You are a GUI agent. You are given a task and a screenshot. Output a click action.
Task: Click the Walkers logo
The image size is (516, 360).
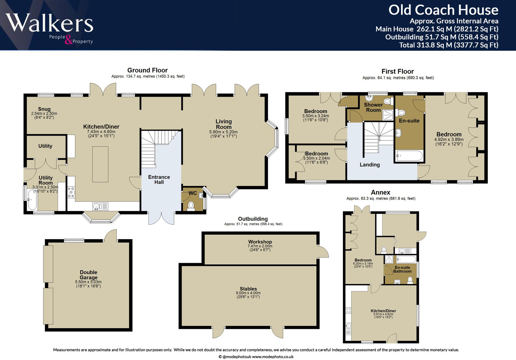[49, 28]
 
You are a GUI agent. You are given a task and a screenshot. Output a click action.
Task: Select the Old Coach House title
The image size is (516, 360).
[443, 10]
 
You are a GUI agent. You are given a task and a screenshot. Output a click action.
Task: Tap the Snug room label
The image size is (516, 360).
[44, 109]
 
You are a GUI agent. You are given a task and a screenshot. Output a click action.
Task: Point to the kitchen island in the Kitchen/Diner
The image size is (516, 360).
[100, 164]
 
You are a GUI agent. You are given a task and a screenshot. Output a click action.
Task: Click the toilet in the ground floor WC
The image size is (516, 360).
[191, 206]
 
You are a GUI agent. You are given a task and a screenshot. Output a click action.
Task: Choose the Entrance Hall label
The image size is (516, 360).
[159, 179]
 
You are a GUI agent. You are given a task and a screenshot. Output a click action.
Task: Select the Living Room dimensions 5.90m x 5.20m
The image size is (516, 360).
[223, 132]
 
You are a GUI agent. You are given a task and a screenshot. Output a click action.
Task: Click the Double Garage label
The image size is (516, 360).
[89, 275]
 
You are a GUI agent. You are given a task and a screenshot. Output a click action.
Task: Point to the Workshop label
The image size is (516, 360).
[260, 242]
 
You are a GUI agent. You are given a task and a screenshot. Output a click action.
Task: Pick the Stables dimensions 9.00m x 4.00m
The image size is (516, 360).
[248, 293]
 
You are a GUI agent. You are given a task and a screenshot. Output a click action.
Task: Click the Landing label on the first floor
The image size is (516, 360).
[370, 165]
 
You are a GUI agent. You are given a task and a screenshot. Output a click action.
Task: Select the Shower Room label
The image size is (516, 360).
[373, 107]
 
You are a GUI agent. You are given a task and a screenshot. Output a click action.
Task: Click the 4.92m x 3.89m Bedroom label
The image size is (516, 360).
[449, 134]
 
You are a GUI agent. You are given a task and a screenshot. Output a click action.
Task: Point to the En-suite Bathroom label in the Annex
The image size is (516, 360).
[402, 269]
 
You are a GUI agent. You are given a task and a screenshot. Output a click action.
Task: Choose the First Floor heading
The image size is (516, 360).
[398, 71]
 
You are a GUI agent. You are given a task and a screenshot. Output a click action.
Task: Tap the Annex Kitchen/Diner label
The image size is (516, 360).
[383, 311]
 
